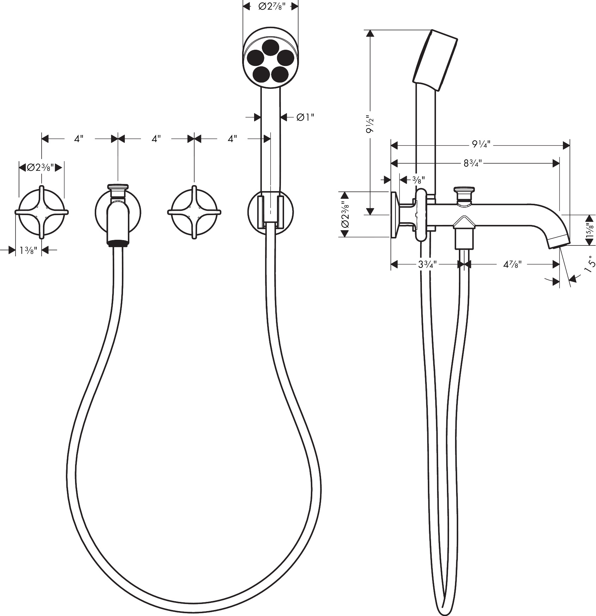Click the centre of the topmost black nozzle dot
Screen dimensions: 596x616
point(271,47)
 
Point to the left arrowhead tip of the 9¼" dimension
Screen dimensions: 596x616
point(391,145)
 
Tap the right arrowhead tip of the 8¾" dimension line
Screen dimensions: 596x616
point(560,163)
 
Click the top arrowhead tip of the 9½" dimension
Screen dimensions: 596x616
point(370,30)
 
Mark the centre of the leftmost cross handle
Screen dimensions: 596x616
point(42,212)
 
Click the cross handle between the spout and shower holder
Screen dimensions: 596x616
point(194,212)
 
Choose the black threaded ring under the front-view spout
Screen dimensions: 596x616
point(118,243)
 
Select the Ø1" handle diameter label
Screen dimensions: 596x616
point(305,117)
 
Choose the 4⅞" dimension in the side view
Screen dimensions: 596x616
point(512,264)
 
